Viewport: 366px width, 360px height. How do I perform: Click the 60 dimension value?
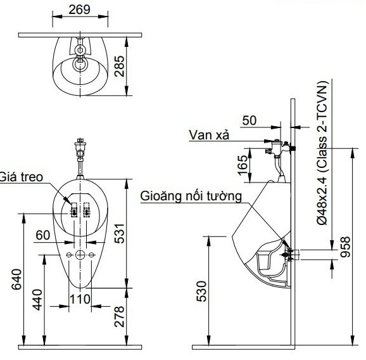coord(43,235)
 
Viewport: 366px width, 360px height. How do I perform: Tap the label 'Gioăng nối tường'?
coord(191,196)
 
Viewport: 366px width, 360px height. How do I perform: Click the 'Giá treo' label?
coord(22,177)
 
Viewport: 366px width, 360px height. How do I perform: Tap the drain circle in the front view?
coord(80,255)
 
